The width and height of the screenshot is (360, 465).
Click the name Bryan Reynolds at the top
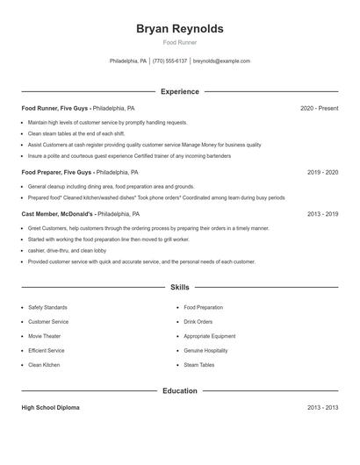179,29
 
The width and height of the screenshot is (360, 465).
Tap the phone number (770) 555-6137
169,61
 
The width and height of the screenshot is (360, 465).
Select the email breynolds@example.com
221,61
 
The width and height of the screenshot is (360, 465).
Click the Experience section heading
179,91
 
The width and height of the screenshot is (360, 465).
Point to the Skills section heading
179,287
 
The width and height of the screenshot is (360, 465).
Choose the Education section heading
179,390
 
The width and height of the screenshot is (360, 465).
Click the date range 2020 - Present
319,108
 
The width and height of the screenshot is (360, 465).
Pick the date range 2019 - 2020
322,173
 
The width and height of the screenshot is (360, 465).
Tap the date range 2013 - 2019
322,213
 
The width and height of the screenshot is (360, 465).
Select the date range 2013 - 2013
322,408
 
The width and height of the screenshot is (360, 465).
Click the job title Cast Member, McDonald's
58,213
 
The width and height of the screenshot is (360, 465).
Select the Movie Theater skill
47,336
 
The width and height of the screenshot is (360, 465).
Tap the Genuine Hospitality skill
205,350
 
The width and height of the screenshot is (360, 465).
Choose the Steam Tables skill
198,364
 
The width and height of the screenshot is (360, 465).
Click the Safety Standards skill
47,307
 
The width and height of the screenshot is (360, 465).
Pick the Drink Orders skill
198,322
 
